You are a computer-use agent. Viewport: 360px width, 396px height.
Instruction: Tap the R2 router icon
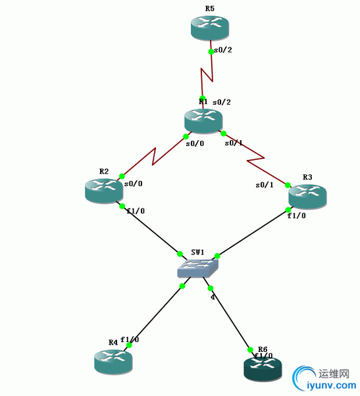[103, 190]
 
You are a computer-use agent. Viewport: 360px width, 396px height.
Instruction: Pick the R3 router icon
[307, 195]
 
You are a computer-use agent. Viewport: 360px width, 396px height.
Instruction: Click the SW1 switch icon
[197, 266]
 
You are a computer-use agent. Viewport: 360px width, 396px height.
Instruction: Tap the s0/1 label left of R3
[265, 185]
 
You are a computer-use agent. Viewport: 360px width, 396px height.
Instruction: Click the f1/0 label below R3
[296, 216]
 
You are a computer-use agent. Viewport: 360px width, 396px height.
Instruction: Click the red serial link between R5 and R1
[207, 74]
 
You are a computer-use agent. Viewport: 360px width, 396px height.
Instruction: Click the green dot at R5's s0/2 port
[211, 51]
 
